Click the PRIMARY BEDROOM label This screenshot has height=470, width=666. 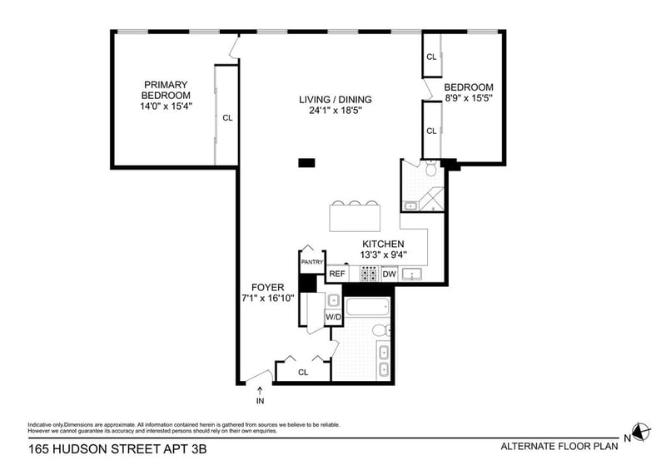click(166, 90)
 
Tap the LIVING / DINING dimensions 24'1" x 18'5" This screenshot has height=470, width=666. click(335, 111)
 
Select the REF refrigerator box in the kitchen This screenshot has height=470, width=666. click(337, 274)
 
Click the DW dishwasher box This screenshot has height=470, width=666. click(389, 274)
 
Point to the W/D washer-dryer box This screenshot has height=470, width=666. click(334, 317)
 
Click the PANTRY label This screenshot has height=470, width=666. click(312, 262)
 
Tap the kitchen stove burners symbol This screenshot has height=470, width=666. click(369, 274)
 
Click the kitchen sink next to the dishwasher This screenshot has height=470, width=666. click(411, 275)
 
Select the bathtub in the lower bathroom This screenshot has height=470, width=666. click(368, 307)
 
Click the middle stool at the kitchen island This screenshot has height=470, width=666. click(355, 203)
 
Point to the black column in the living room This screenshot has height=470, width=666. click(306, 162)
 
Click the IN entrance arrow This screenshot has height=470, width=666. click(260, 390)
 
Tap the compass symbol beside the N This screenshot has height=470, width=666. click(641, 433)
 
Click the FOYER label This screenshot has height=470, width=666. click(267, 288)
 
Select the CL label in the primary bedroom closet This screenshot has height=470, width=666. click(227, 118)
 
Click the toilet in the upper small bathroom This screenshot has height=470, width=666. click(431, 168)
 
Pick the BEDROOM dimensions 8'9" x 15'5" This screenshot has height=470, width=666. click(469, 98)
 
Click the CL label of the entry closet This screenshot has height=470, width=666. click(303, 373)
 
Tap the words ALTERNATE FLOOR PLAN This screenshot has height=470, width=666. click(559, 446)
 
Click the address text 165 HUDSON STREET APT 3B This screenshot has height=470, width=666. click(117, 448)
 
